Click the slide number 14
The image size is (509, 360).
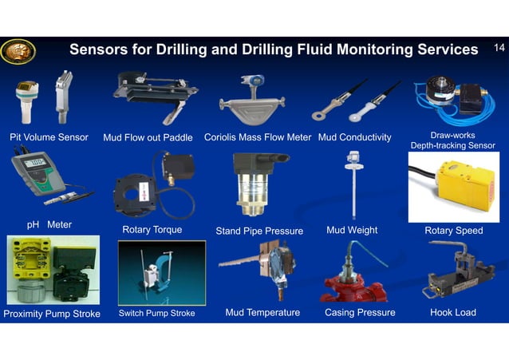(499, 49)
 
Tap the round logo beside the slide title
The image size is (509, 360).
(17, 51)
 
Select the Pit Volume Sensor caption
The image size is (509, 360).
(49, 137)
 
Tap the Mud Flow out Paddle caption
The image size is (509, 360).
(148, 138)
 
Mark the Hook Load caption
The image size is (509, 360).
(453, 312)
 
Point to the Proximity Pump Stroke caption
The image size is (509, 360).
(52, 314)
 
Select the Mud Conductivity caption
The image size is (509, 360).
(354, 137)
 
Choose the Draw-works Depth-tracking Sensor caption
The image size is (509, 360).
(452, 140)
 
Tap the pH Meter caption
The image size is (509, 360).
(49, 225)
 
